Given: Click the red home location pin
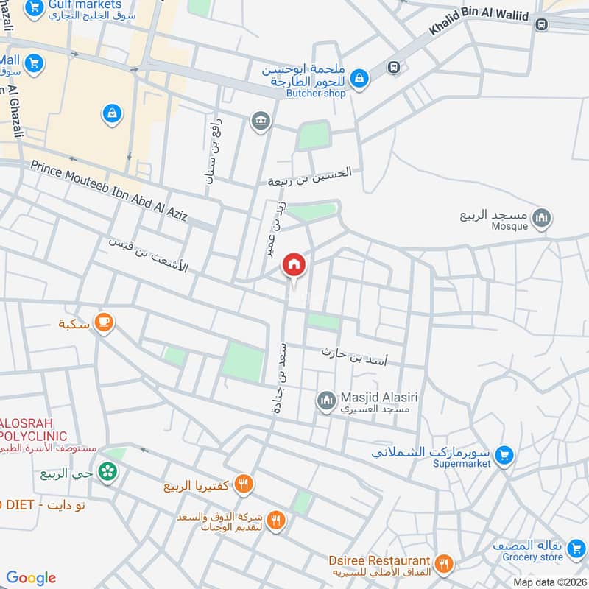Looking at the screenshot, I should click(294, 265).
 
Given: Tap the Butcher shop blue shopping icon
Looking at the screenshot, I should click(359, 77).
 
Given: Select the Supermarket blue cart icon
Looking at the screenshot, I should click(504, 455).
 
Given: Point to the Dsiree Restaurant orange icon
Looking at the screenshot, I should click(444, 564).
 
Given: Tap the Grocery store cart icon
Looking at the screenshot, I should click(504, 551).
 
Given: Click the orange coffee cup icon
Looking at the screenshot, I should click(105, 322).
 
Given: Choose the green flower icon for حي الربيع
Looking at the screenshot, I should click(108, 471).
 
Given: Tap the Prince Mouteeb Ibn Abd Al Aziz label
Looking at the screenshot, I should click(109, 190).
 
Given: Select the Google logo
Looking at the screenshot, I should click(31, 578).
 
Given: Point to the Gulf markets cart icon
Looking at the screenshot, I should click(33, 9).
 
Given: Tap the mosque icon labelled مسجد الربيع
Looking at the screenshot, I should click(542, 218).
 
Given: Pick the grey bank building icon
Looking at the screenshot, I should click(259, 121).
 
